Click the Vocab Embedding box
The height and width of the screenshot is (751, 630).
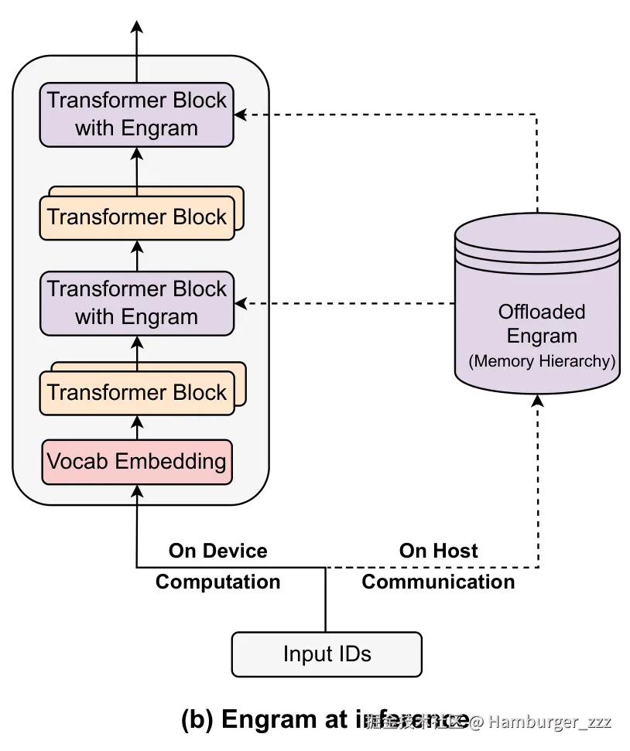(x=137, y=462)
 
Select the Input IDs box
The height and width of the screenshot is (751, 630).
(x=327, y=654)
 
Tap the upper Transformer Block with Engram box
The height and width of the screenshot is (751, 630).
(x=137, y=114)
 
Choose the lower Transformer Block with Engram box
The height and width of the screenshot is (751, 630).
(x=137, y=303)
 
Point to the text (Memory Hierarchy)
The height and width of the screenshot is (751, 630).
(x=542, y=361)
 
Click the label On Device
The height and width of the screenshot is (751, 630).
(x=218, y=551)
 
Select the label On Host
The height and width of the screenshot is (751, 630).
(x=438, y=551)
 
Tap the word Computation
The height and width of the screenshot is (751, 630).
(x=218, y=582)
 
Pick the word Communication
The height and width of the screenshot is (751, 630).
(x=438, y=582)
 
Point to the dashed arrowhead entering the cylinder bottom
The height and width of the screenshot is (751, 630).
(x=537, y=401)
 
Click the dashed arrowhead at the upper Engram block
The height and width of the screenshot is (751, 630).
(x=241, y=114)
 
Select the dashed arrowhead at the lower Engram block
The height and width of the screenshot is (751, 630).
(x=241, y=303)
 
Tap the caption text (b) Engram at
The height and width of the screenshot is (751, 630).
(x=264, y=720)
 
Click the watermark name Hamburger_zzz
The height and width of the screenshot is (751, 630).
(x=550, y=722)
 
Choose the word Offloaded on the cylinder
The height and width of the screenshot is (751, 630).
(x=542, y=312)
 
